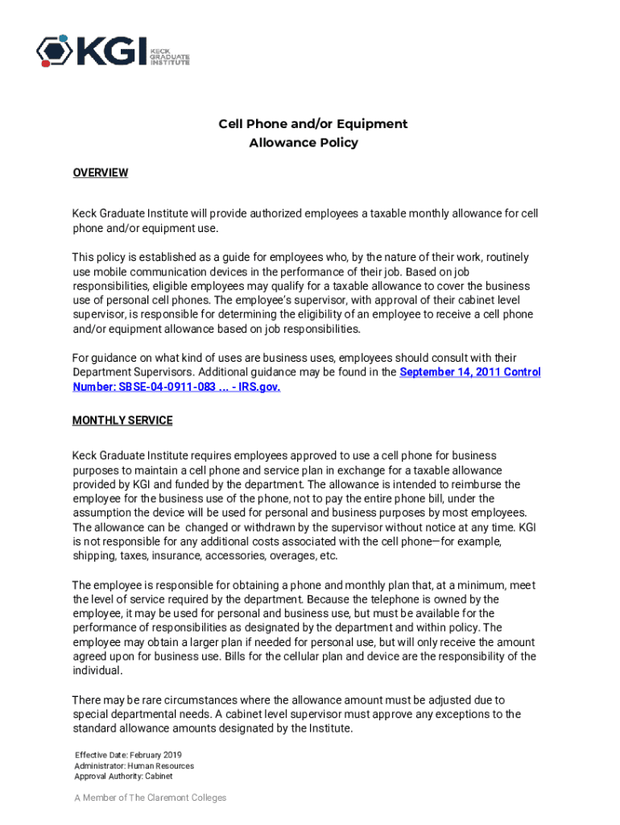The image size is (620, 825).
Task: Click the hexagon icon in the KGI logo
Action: coord(53,51)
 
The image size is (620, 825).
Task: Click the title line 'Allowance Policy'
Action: coord(303,143)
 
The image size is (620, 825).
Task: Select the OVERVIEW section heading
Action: coord(100,172)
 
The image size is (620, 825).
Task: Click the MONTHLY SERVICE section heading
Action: coord(122,421)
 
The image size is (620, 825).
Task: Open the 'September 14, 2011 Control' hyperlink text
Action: coord(470,372)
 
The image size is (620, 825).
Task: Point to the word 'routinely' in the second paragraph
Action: coord(503,257)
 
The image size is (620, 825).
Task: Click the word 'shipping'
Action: coord(93,556)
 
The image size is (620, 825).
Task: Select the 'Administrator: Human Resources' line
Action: coord(134,765)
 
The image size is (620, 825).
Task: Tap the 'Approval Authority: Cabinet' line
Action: coord(123,777)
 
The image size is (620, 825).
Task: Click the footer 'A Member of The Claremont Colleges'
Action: coord(150,798)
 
